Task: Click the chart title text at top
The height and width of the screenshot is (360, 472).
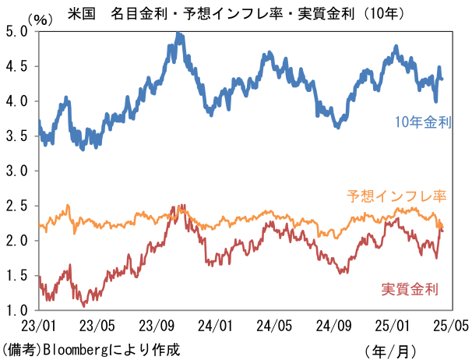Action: [x=236, y=14]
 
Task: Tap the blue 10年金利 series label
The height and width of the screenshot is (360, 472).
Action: [x=423, y=122]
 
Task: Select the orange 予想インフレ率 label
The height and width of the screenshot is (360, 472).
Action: [x=396, y=196]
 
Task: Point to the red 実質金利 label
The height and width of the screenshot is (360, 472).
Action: [x=410, y=289]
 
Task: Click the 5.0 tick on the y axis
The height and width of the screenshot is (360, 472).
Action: [x=16, y=31]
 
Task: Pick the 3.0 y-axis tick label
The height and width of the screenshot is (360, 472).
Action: [x=16, y=171]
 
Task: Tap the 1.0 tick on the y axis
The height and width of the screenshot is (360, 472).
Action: [x=16, y=310]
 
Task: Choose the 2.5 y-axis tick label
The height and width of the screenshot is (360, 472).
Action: [x=16, y=206]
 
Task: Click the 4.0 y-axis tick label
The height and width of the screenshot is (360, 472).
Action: [x=16, y=101]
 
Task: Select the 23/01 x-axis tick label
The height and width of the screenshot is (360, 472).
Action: [x=38, y=326]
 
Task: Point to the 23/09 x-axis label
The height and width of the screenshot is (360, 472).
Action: [x=157, y=326]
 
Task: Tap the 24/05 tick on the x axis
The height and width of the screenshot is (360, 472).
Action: [x=274, y=326]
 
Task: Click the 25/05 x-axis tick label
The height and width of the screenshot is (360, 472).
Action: [x=451, y=326]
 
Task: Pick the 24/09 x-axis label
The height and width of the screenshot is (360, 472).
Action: [x=333, y=326]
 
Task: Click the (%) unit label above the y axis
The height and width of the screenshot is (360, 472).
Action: [x=40, y=20]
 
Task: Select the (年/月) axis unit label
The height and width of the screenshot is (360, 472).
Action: [x=390, y=351]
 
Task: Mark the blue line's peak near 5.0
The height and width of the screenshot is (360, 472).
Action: [x=178, y=33]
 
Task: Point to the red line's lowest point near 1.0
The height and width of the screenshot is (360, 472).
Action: [x=83, y=306]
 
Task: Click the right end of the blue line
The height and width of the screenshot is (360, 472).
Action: [x=442, y=79]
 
